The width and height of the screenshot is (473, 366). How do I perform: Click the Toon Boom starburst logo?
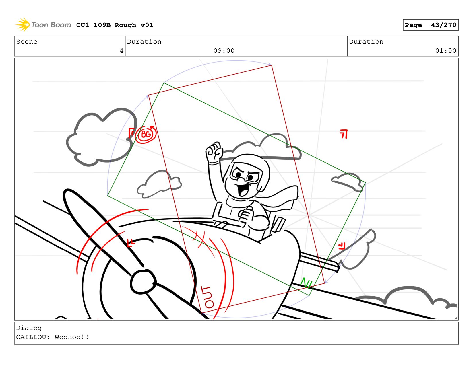[22, 25]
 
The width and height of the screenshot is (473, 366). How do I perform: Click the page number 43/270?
[443, 25]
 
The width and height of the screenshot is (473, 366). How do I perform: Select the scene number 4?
[121, 51]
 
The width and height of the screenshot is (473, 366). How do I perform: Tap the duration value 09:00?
[224, 51]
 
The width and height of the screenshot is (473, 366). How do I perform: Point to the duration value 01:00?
[445, 51]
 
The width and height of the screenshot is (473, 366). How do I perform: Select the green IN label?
[306, 283]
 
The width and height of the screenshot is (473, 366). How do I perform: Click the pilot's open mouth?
[243, 190]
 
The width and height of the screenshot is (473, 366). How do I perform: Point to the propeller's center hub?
[143, 282]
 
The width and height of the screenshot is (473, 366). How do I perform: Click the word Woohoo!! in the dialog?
[72, 337]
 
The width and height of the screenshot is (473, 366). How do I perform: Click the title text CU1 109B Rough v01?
[115, 25]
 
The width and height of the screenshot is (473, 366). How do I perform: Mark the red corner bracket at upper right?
[344, 134]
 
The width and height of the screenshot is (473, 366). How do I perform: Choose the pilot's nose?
[241, 180]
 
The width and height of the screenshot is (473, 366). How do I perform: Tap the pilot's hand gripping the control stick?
[245, 215]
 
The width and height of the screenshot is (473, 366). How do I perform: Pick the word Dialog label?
[29, 328]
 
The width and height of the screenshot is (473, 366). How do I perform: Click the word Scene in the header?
[27, 42]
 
